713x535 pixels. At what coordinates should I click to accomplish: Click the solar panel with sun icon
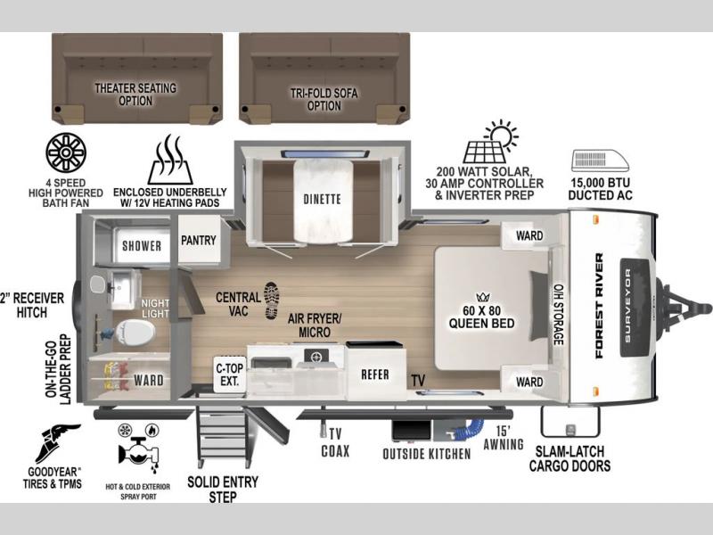[490, 142]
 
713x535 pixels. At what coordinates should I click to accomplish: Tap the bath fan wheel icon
[66, 153]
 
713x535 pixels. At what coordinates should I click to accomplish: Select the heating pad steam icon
[170, 160]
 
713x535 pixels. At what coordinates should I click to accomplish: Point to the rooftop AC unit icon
[600, 160]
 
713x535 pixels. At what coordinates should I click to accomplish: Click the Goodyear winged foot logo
[58, 443]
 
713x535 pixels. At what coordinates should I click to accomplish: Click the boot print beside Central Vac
[272, 300]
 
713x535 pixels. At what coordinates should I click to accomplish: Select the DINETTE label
[322, 199]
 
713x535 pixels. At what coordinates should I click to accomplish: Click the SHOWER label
[142, 246]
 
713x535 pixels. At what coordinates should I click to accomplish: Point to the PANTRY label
[199, 240]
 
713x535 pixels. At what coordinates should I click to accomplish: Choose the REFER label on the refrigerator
[375, 374]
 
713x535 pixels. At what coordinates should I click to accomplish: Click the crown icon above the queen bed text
[482, 298]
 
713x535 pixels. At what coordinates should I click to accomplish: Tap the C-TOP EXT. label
[230, 374]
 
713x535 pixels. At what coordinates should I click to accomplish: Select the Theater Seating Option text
[135, 95]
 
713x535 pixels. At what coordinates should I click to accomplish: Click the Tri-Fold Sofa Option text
[324, 99]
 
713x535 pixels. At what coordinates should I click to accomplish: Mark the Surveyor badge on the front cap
[638, 307]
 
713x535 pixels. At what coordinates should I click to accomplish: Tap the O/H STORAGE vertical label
[558, 315]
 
